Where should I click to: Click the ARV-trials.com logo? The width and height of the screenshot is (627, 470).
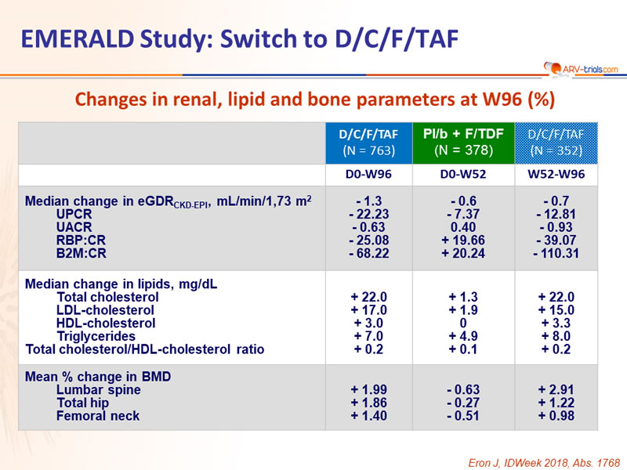(581, 69)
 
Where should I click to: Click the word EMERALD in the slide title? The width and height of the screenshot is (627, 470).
(77, 39)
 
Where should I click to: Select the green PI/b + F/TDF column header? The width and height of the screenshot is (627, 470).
(463, 143)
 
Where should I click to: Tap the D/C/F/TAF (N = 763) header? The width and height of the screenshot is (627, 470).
(368, 143)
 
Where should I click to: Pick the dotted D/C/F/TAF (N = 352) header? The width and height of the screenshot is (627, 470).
(556, 143)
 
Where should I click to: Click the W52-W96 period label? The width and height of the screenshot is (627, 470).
(556, 174)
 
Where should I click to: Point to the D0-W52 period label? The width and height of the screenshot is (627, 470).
(463, 174)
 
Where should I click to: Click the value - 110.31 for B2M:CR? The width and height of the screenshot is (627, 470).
(556, 253)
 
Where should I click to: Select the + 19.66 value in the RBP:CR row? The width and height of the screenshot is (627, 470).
(463, 240)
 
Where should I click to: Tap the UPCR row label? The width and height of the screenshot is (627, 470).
(74, 214)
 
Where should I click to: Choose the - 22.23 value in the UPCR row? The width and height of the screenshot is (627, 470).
(368, 214)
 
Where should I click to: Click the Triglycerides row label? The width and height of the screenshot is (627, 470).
(96, 337)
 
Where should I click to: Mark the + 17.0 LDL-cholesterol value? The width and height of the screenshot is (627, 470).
(368, 310)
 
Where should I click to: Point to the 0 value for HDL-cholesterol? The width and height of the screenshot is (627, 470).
(463, 323)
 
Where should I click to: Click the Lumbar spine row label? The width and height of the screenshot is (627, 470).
(99, 389)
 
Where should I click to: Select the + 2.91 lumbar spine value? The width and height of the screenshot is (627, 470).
(556, 389)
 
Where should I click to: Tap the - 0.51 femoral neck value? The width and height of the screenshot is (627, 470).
(463, 416)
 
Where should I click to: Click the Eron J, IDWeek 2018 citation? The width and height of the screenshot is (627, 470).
(544, 463)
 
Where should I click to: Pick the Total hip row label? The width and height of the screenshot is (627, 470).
(82, 403)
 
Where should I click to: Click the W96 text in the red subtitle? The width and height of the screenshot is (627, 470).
(502, 99)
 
